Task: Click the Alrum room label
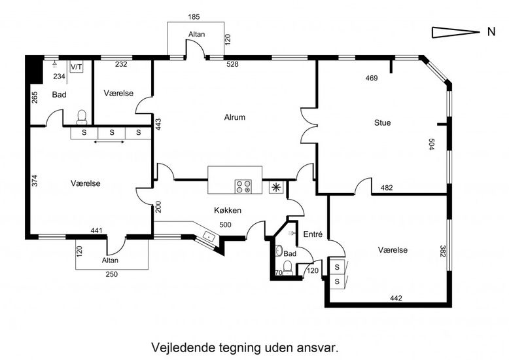(234, 118)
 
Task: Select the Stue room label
(383, 122)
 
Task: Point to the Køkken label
(228, 210)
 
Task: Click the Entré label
(313, 234)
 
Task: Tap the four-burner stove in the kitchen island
(243, 187)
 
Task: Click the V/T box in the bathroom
(77, 67)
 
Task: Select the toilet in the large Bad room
(82, 117)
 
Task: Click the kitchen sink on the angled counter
(209, 236)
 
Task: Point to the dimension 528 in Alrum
(232, 64)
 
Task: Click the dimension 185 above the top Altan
(193, 16)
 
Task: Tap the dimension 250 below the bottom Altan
(112, 274)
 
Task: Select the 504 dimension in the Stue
(431, 145)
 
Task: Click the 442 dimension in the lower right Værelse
(395, 298)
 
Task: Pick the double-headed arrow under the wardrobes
(111, 141)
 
